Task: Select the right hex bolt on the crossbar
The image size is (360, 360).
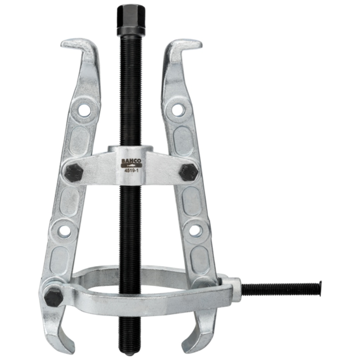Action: pos(188,172)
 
